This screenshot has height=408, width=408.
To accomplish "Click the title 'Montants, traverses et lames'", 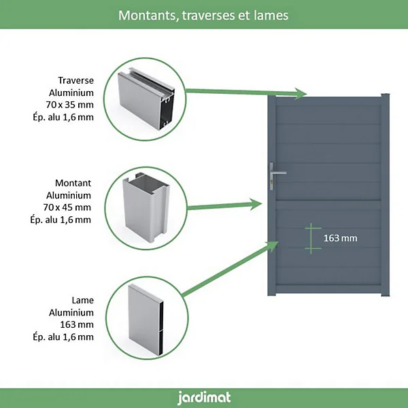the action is [203, 16].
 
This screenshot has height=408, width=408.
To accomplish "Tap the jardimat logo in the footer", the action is [204, 398].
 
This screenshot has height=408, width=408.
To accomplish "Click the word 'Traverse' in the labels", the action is [75, 80].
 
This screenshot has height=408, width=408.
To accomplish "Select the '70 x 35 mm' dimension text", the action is [70, 105].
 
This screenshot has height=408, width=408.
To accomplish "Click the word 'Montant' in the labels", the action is [73, 183].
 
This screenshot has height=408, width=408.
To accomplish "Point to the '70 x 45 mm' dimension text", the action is [67, 207].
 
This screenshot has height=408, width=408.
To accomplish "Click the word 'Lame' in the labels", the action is [83, 300].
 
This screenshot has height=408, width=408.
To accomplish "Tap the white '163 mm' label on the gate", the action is [341, 238].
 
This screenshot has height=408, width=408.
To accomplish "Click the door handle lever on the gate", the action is [279, 173].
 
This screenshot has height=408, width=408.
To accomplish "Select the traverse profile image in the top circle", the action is [146, 99].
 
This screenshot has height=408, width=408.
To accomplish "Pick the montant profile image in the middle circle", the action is [146, 207].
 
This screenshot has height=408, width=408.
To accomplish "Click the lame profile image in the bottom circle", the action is [146, 320].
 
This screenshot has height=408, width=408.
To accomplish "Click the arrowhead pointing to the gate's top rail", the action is [301, 94].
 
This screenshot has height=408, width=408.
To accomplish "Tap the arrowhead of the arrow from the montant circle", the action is [256, 205].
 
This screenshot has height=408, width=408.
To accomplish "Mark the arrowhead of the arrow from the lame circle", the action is [273, 246].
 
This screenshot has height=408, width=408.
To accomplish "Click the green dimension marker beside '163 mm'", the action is [311, 239].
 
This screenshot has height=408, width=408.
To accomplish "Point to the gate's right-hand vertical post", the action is [386, 195].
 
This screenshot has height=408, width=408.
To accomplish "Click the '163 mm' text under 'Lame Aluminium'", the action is [77, 324].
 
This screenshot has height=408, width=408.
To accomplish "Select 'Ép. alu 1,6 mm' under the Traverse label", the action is [63, 117].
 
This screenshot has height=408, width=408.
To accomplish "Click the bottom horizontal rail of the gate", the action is [328, 289].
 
